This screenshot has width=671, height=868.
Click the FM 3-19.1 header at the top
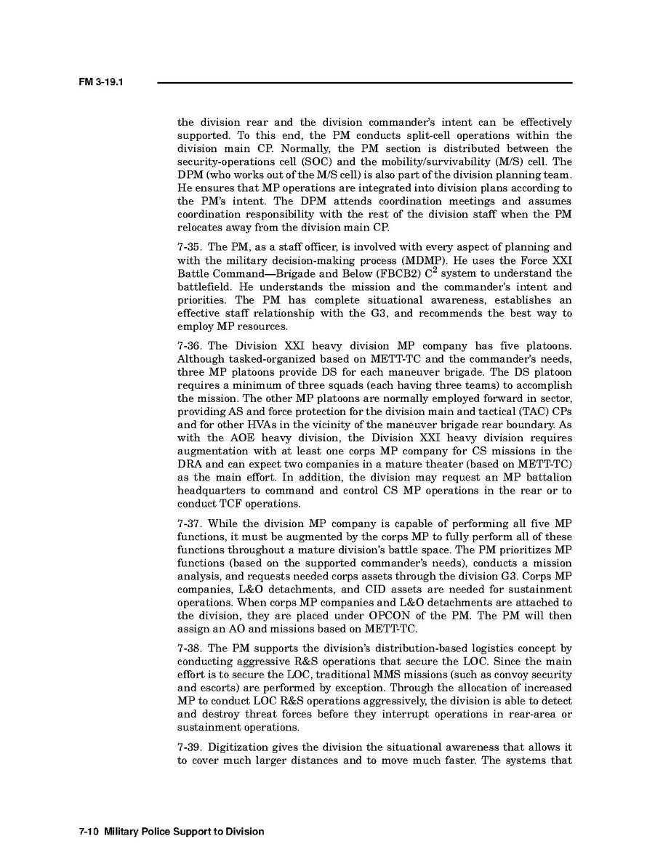100,82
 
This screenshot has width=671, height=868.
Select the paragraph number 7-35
190,247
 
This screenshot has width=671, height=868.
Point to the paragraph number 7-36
190,346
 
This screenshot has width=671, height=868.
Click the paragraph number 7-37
190,523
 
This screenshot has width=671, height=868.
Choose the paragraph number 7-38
190,648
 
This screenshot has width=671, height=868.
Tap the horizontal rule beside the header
363,82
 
